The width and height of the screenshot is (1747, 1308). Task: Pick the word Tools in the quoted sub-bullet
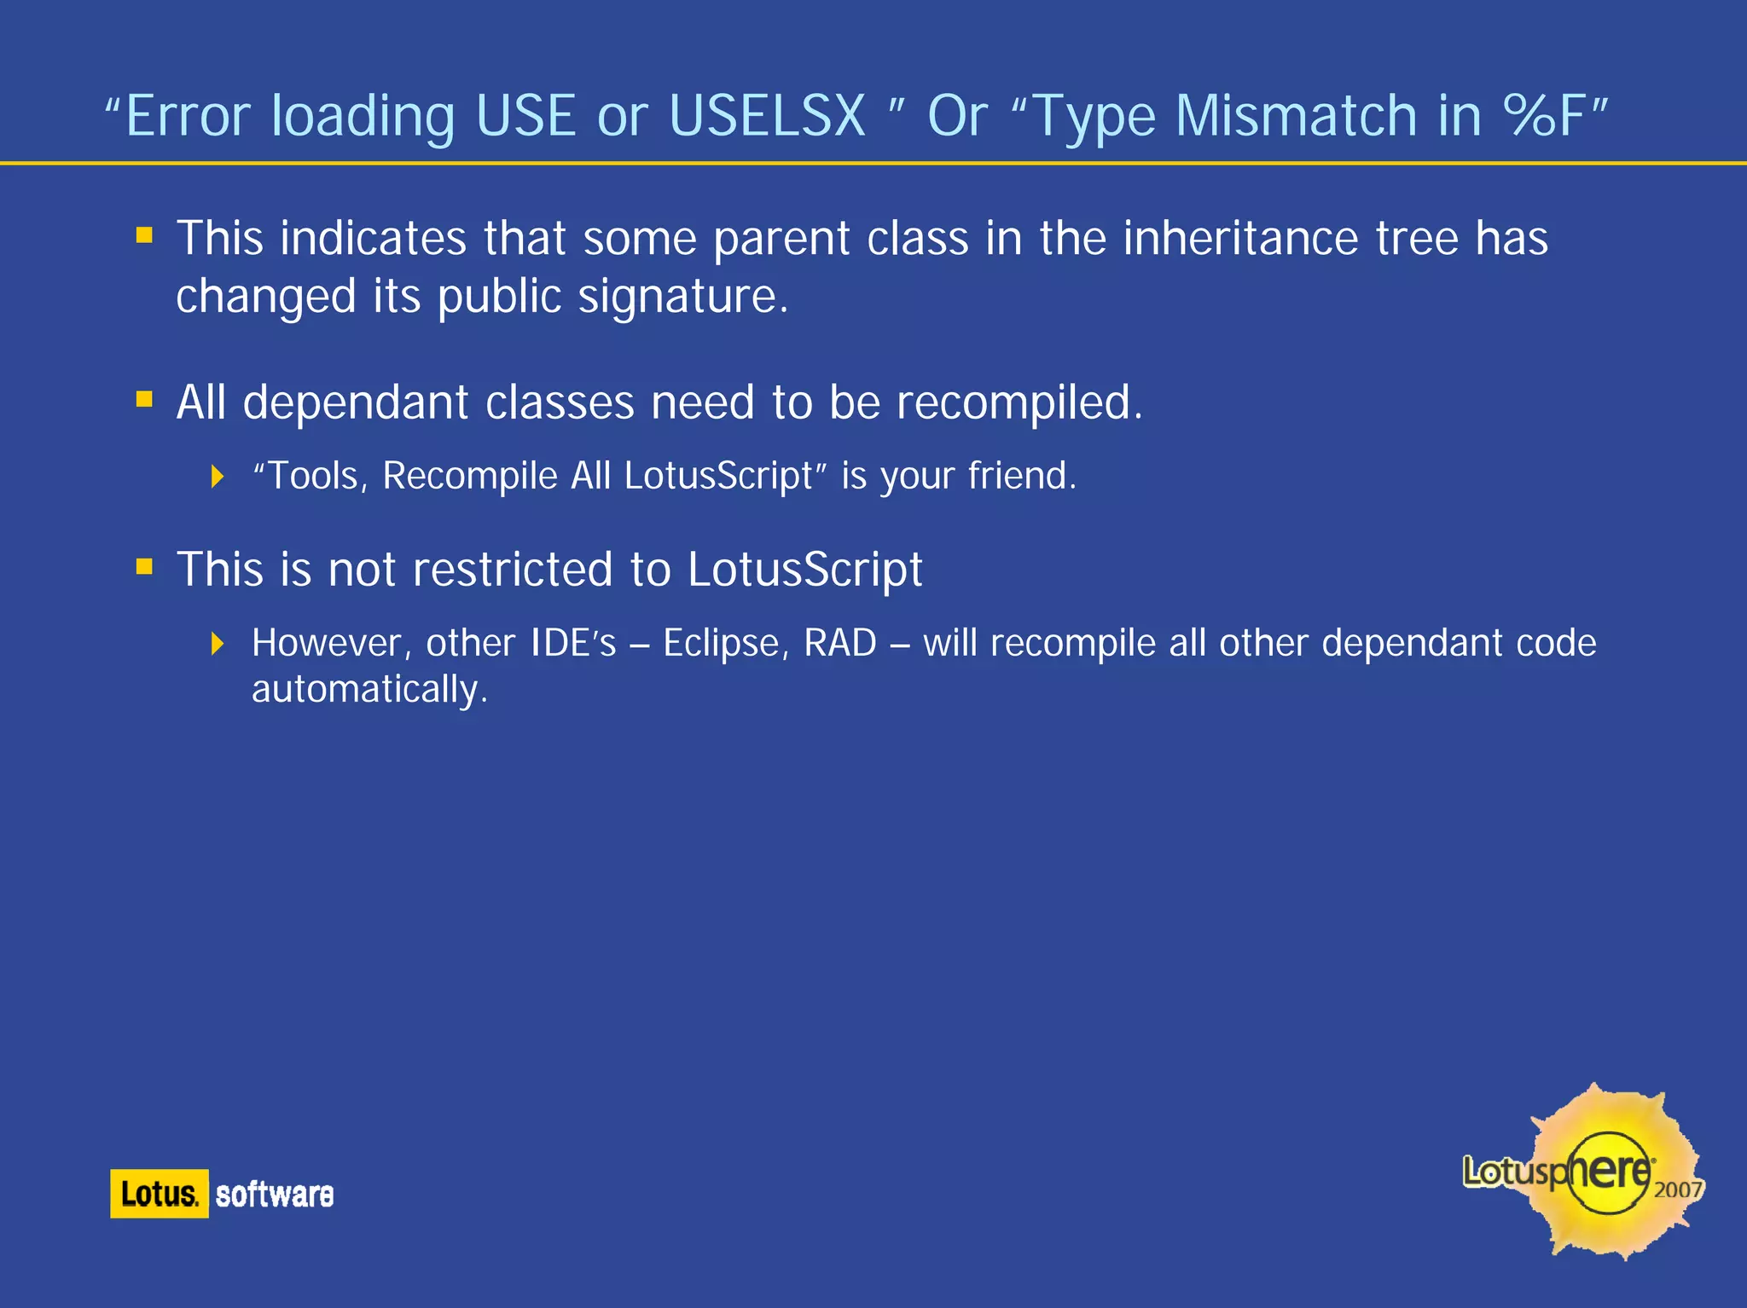pos(313,476)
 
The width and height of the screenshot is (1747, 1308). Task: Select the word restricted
pos(513,569)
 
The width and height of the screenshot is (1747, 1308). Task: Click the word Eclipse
pos(721,643)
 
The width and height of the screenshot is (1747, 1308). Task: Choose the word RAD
pos(840,643)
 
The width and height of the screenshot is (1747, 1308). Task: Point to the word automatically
pos(369,689)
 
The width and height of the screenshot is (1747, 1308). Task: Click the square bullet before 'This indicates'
pos(144,234)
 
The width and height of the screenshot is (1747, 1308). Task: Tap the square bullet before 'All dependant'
pos(144,399)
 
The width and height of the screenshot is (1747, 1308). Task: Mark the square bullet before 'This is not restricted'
pos(144,566)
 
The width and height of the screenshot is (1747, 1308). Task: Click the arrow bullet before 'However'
pos(218,643)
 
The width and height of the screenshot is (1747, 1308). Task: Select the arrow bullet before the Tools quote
pos(218,476)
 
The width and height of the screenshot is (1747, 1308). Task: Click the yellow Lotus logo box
pos(160,1194)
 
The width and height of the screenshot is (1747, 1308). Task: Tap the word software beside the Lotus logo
pos(275,1195)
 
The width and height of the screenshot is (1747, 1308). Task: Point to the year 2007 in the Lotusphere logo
pos(1678,1189)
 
